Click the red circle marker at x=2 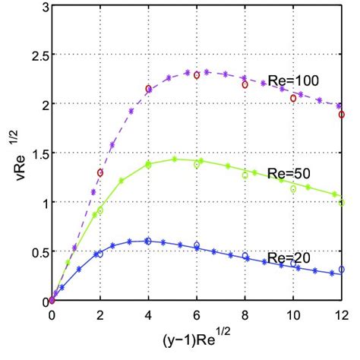(99, 173)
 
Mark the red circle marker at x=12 (342, 115)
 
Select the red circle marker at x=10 (293, 98)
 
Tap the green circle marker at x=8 (245, 175)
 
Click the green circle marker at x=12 (342, 203)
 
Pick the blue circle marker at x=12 (342, 270)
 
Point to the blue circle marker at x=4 (148, 242)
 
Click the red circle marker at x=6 (197, 75)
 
